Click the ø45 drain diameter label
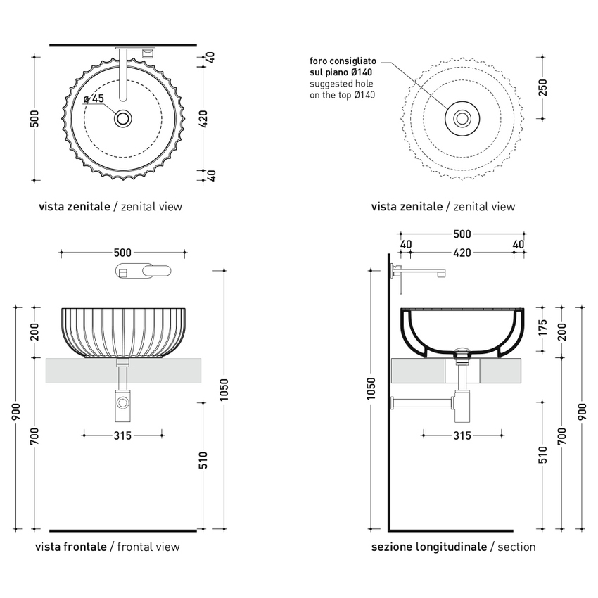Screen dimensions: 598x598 tap(94, 99)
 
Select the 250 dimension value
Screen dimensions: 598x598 tap(542, 87)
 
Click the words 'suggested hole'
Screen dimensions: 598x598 tap(341, 84)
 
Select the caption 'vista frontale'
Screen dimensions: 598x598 tap(72, 547)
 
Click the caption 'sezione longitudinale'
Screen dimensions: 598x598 tap(429, 547)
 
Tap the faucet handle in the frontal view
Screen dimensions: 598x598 tap(144, 272)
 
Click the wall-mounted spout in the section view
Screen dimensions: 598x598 tap(422, 272)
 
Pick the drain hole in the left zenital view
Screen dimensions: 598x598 tap(123, 118)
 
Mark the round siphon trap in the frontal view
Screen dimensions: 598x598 tap(123, 404)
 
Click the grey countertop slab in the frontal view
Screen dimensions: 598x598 tap(77, 371)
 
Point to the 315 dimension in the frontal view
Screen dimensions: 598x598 tap(122, 435)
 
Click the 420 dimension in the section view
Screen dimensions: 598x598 tap(462, 253)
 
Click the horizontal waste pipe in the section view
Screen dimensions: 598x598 tap(422, 403)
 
